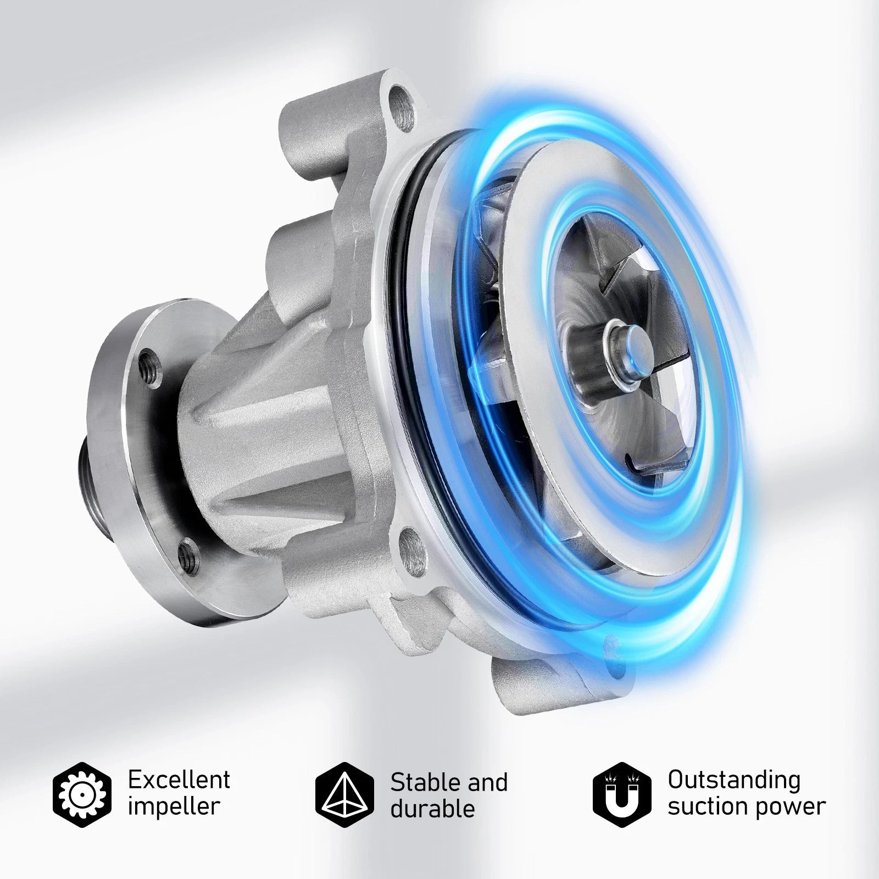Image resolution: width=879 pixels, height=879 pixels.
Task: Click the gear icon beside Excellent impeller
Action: [x=82, y=793]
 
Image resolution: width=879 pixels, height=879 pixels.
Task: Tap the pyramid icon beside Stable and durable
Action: [x=344, y=794]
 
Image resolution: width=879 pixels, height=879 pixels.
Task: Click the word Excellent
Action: [x=179, y=779]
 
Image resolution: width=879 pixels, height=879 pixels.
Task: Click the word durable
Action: [x=432, y=809]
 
